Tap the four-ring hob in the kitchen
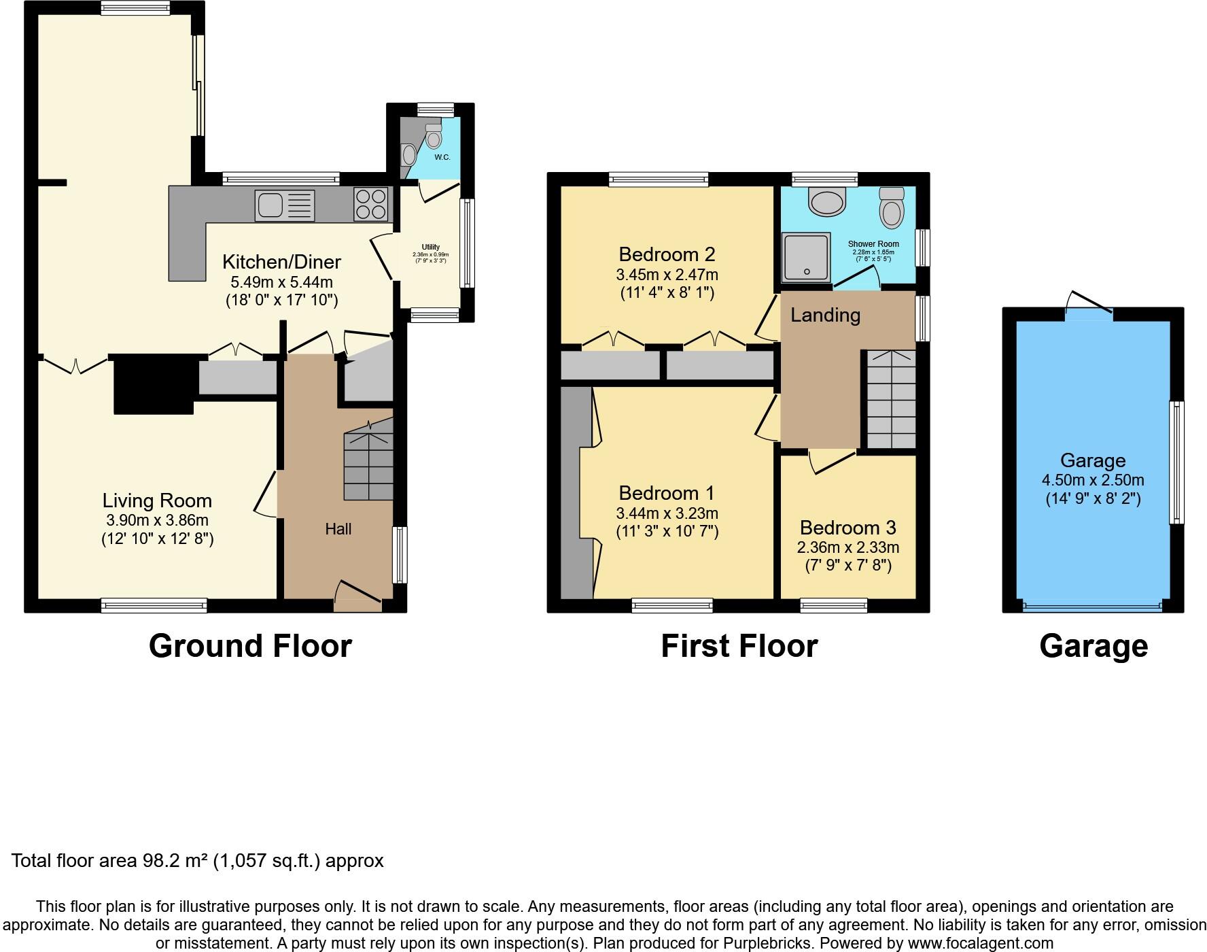pyautogui.click(x=371, y=204)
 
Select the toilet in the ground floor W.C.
pyautogui.click(x=434, y=136)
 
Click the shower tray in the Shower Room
pyautogui.click(x=807, y=257)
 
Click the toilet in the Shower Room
pyautogui.click(x=892, y=207)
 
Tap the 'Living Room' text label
pyautogui.click(x=157, y=500)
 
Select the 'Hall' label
pyautogui.click(x=338, y=529)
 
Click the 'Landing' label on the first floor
pyautogui.click(x=825, y=315)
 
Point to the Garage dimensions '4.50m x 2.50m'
pyautogui.click(x=1093, y=480)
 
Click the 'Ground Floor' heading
pyautogui.click(x=250, y=645)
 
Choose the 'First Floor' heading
pyautogui.click(x=739, y=645)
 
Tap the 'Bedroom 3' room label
pyautogui.click(x=847, y=528)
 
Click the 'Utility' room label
pyautogui.click(x=430, y=247)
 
